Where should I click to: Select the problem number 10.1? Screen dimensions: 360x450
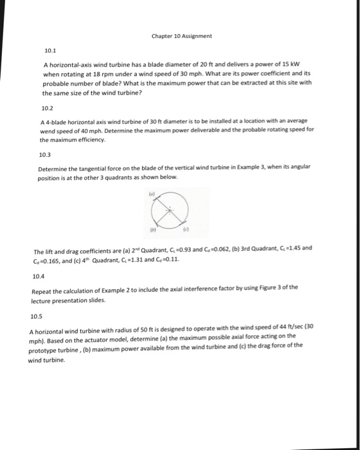pyautogui.click(x=50, y=50)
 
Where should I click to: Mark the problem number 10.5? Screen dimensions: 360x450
pyautogui.click(x=37, y=316)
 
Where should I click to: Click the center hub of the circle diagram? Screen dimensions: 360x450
pyautogui.click(x=169, y=210)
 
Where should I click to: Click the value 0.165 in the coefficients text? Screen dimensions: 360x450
pyautogui.click(x=50, y=260)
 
